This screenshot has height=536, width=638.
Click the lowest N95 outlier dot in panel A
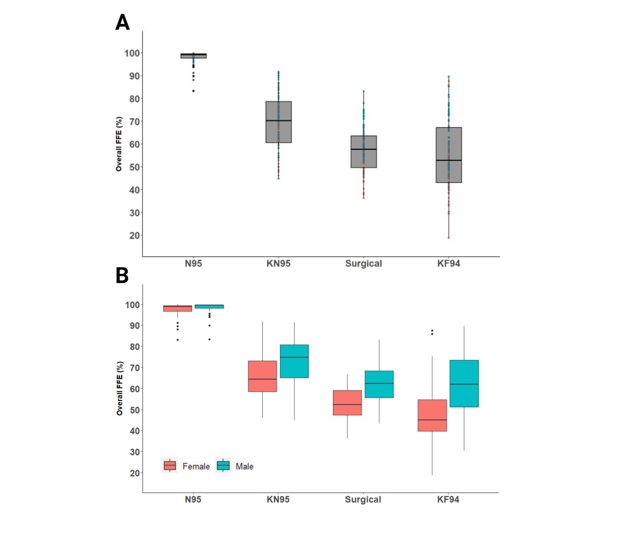[x=193, y=91]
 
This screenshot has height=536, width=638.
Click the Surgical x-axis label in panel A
[x=364, y=263]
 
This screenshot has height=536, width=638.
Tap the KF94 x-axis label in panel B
[x=448, y=499]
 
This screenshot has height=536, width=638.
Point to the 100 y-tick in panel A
[x=132, y=53]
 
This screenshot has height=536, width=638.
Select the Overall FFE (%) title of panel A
[x=119, y=144]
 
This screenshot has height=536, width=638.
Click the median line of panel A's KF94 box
[x=449, y=160]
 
